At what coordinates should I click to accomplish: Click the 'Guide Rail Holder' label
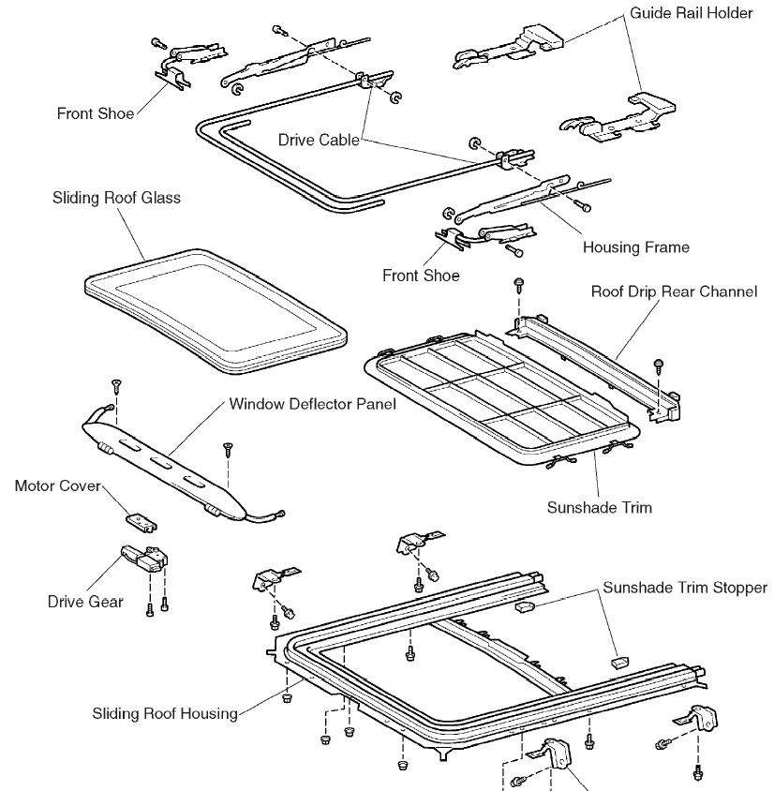(x=691, y=14)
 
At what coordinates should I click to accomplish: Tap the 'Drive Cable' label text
(x=319, y=140)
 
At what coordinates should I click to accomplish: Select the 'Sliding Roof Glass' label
(x=117, y=198)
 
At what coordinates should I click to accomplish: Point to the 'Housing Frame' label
(x=635, y=247)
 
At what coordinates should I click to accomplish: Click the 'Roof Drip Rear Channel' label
(x=673, y=291)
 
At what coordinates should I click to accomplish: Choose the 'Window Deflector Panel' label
(x=312, y=405)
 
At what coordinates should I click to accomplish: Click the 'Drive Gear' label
(x=85, y=602)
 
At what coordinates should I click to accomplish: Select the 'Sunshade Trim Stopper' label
(x=684, y=588)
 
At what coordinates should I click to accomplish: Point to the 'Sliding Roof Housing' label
(x=165, y=713)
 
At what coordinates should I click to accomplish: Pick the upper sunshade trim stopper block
(x=524, y=606)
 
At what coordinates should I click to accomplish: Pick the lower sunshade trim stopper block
(x=616, y=661)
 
